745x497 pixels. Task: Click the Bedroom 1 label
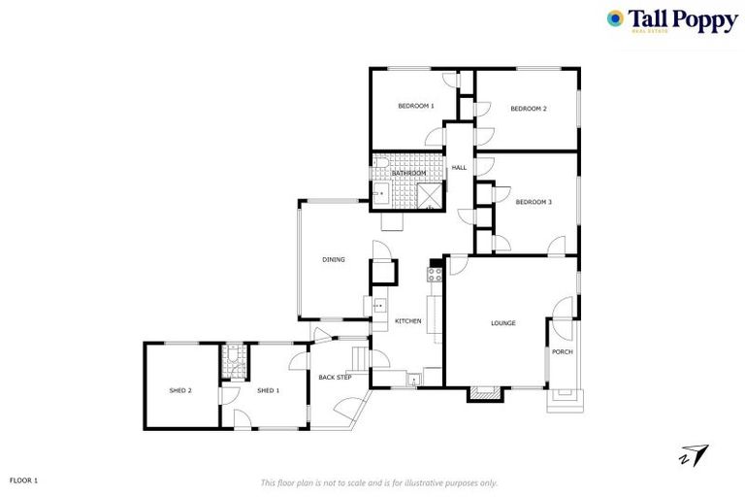point(416,106)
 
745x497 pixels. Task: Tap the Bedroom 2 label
point(529,109)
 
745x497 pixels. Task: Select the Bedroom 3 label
point(534,202)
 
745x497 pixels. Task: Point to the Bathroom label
point(408,174)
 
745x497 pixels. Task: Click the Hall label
point(459,168)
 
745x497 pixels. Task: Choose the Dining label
point(334,259)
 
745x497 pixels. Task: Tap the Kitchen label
point(407,321)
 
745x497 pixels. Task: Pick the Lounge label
point(502,323)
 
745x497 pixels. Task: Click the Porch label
point(562,351)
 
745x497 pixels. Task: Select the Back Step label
point(336,377)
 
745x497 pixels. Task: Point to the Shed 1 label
point(268,390)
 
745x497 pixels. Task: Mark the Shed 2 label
point(180,390)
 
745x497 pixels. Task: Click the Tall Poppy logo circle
point(615,18)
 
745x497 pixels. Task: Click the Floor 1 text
point(23,480)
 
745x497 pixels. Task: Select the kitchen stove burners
point(435,274)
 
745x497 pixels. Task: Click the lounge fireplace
point(484,393)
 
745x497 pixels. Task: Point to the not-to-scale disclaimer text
point(379,482)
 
